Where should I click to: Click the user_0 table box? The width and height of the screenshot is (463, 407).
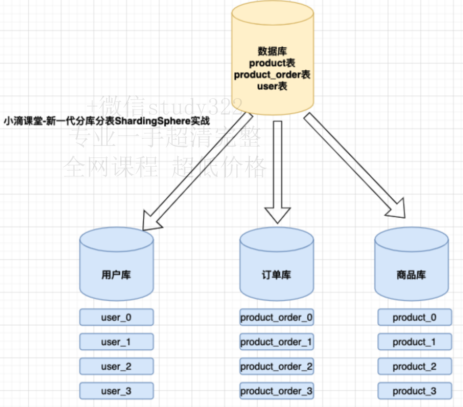point(116,317)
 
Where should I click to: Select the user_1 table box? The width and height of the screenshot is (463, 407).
point(116,342)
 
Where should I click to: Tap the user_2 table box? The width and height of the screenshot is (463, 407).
point(116,366)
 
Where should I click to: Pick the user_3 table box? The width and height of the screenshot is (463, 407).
point(116,391)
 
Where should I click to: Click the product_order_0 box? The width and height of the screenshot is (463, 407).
point(276,317)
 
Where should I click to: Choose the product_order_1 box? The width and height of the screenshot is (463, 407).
point(276,342)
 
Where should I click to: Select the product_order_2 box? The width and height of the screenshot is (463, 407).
point(276,366)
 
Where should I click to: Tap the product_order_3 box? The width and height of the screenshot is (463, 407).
point(276,391)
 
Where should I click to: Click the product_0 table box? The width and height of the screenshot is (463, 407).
point(414,317)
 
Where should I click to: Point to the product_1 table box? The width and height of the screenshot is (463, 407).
point(414,342)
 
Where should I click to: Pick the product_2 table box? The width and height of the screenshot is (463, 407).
point(414,366)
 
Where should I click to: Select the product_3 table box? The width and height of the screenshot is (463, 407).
point(414,391)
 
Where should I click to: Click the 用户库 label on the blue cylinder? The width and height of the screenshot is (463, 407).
point(116,275)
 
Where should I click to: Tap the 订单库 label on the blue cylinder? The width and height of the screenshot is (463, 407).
point(276,275)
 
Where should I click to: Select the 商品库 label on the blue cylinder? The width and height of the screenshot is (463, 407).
point(411,275)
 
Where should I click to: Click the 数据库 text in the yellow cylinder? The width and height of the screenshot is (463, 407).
point(272,51)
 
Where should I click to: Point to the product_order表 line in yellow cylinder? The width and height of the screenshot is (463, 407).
point(272,75)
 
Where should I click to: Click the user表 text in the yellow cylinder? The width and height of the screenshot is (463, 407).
point(272,86)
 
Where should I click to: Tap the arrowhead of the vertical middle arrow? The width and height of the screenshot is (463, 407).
point(278,215)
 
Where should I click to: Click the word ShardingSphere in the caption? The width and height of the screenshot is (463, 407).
point(152,121)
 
